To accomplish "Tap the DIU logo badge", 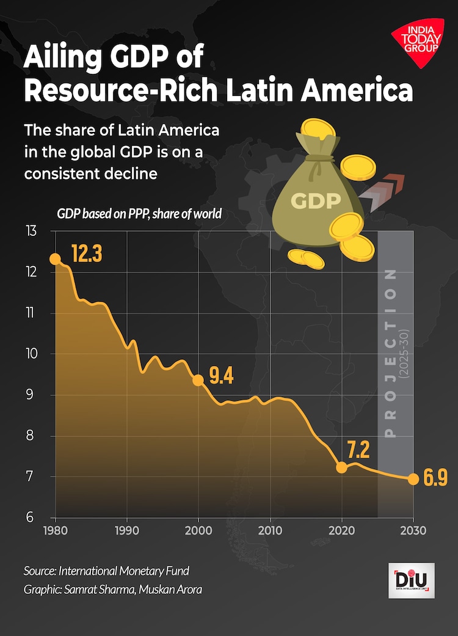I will click(412, 580).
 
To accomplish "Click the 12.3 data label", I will click(86, 254).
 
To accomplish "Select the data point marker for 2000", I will click(198, 380).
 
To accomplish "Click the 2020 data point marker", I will click(342, 467).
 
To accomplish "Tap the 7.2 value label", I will click(359, 451).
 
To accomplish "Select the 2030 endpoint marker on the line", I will click(413, 479).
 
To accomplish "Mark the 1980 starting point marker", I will click(55, 259).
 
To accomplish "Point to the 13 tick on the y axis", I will click(31, 232).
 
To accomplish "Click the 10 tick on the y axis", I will click(31, 354).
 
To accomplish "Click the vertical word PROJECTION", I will click(391, 354).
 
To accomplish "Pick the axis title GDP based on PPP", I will click(139, 214).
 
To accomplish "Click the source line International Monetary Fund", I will click(106, 571).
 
